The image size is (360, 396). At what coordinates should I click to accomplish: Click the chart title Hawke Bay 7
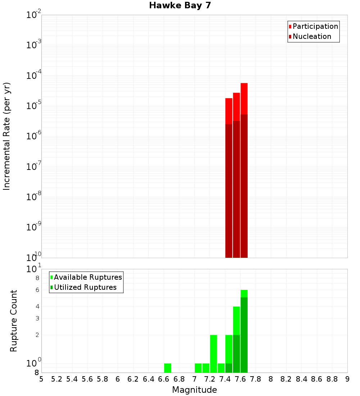(180, 6)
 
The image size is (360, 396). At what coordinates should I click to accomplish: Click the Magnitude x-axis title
(194, 390)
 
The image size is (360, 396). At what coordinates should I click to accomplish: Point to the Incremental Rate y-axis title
(7, 136)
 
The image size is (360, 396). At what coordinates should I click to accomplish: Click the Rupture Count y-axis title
(14, 321)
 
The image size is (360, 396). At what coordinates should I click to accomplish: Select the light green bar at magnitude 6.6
(167, 368)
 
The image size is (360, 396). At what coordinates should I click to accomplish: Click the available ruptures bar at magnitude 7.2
(213, 354)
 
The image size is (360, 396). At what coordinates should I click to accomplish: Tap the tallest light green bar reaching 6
(244, 293)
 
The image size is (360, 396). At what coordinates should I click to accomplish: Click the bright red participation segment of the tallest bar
(244, 98)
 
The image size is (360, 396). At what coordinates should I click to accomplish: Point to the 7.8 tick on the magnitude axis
(256, 379)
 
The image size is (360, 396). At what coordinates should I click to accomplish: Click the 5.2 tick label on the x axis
(57, 379)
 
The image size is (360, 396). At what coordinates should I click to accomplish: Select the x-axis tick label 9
(347, 379)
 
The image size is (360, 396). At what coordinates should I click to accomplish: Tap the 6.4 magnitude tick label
(148, 379)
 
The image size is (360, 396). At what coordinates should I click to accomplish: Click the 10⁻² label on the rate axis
(34, 15)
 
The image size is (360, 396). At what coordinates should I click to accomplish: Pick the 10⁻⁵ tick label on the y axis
(34, 106)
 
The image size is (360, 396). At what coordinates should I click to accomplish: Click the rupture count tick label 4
(37, 307)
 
